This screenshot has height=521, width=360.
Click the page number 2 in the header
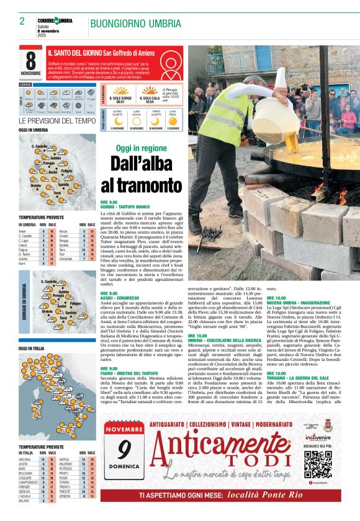click(x=22, y=21)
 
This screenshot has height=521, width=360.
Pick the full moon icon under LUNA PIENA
click(x=173, y=120)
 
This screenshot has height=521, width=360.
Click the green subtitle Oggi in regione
click(x=141, y=148)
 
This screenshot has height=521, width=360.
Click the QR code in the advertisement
click(x=318, y=463)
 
